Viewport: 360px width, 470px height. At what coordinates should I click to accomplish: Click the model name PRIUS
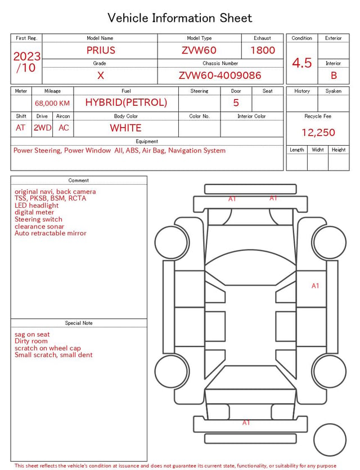(101, 50)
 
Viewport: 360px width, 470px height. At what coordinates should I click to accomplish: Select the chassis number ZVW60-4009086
(220, 75)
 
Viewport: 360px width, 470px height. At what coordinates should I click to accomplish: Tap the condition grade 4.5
(302, 62)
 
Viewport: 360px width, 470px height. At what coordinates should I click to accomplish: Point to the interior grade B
(334, 75)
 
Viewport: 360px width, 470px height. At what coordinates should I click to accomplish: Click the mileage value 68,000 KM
(52, 103)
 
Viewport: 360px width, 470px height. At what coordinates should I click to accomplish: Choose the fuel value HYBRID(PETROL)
(126, 102)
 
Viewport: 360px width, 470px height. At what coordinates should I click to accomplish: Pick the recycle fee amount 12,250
(318, 132)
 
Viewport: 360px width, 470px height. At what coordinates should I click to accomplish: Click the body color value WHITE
(125, 128)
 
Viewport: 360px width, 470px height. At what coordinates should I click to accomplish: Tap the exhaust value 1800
(263, 50)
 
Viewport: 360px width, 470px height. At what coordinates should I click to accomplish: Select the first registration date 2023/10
(26, 62)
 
